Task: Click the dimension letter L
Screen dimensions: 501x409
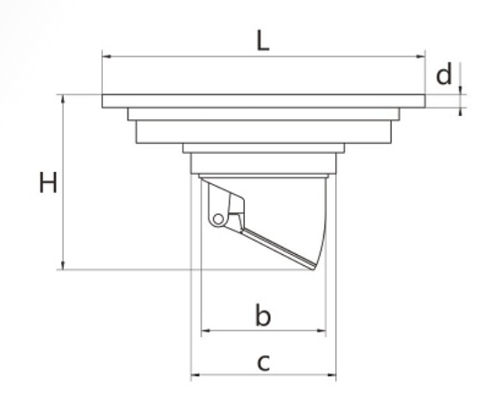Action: click(263, 41)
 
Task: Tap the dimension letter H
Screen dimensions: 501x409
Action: click(48, 182)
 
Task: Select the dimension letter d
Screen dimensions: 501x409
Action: click(445, 74)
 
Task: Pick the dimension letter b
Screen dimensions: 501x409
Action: click(263, 315)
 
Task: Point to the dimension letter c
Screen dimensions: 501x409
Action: click(263, 363)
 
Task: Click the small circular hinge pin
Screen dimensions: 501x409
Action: click(219, 220)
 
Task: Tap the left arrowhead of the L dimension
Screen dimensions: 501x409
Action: click(107, 56)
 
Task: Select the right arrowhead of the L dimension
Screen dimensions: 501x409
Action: click(421, 56)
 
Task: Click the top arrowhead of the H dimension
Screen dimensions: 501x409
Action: click(63, 98)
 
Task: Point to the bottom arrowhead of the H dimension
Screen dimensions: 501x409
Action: click(63, 265)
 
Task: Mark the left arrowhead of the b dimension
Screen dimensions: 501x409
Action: click(206, 331)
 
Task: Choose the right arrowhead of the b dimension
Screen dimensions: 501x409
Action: click(322, 331)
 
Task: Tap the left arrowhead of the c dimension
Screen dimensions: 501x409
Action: click(195, 374)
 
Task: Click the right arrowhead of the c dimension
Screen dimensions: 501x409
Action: click(332, 374)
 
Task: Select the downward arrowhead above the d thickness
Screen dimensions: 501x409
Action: click(460, 90)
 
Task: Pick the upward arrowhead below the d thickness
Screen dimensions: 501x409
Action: click(460, 112)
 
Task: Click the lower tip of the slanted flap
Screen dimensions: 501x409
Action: click(312, 269)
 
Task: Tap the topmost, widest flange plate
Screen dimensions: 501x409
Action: click(263, 101)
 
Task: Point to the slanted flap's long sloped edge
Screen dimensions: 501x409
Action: click(279, 249)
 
